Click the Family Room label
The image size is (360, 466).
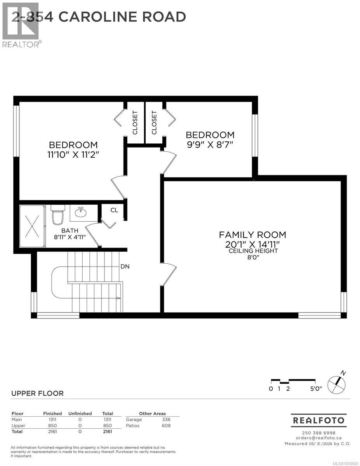pos(252,235)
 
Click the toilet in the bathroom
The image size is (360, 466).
pos(57,215)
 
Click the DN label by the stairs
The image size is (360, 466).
pos(125,266)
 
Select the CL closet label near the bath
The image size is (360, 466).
pos(114,210)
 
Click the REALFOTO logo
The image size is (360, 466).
pos(318,420)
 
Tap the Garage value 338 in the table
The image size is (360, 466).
pos(166,419)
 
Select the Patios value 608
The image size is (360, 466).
pos(166,426)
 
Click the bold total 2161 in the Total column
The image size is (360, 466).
pos(107,431)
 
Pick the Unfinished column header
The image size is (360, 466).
pos(80,414)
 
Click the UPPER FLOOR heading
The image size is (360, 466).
pos(37,393)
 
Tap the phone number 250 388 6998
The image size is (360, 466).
pos(318,433)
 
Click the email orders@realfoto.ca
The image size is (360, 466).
pos(318,438)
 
